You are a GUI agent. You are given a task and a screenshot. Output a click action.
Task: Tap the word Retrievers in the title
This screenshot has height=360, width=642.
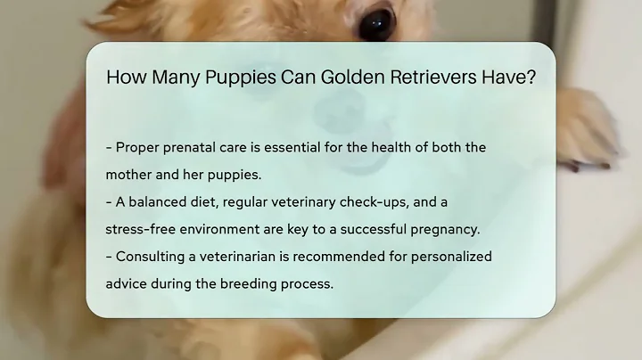431,78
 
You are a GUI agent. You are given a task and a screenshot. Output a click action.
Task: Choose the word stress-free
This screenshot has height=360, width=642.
145,229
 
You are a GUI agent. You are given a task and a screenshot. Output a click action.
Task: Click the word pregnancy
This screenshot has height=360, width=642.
444,229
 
